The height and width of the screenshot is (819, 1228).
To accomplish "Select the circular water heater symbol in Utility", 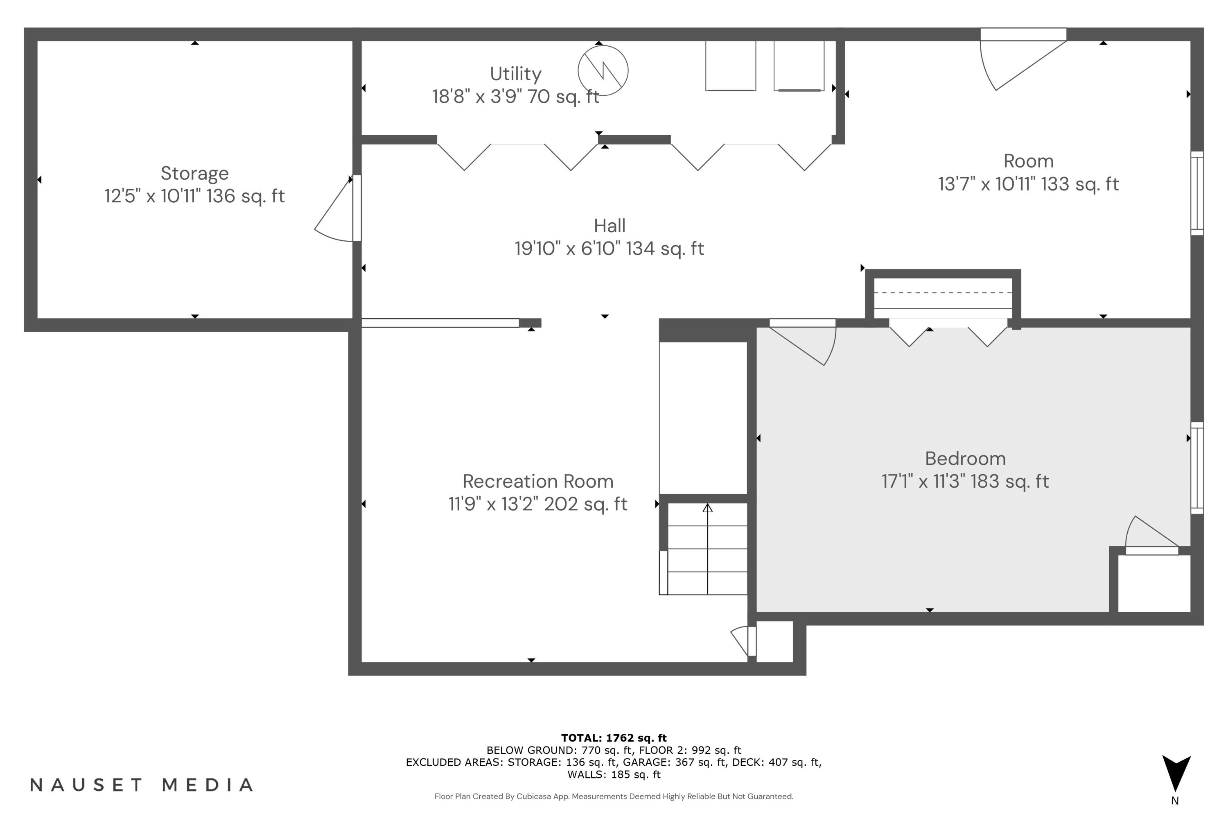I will click(x=603, y=70).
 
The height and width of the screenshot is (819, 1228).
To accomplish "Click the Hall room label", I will click(x=609, y=226).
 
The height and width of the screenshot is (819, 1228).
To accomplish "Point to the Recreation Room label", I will click(x=538, y=481).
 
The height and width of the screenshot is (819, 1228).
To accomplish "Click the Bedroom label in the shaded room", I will click(x=965, y=458).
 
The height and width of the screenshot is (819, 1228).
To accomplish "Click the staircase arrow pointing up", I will click(x=707, y=508).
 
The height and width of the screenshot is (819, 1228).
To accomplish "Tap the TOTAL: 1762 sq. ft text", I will click(x=614, y=738).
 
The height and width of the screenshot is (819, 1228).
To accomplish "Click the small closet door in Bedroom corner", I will click(x=1151, y=538).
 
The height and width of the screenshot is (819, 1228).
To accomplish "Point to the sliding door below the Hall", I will click(x=440, y=323).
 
